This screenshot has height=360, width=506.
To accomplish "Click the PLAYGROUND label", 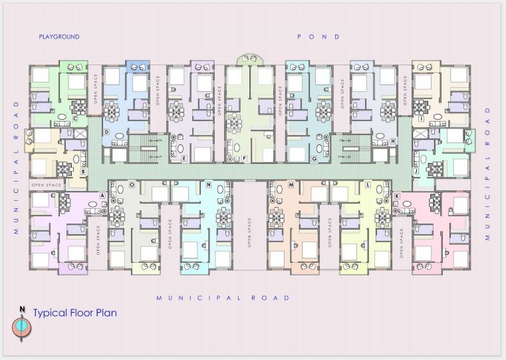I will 59,37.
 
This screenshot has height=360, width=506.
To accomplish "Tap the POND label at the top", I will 318,37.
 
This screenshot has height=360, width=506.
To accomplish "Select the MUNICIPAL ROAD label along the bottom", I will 223,297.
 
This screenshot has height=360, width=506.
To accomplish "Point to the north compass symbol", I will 22,325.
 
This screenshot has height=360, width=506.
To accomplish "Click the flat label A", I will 102,195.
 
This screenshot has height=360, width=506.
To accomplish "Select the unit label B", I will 83,171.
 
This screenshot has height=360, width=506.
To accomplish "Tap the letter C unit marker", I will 75,119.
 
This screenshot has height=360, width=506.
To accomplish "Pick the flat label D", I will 106,132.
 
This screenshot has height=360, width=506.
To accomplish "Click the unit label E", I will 184,158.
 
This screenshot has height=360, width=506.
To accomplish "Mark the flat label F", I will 245,158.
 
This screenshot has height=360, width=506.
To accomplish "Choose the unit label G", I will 314,158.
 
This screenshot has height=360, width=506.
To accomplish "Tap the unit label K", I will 396,195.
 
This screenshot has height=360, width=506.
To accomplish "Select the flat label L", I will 368,184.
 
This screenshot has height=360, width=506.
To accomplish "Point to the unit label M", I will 291,184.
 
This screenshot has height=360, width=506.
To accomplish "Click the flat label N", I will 208,184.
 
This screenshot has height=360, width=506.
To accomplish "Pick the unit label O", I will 132,184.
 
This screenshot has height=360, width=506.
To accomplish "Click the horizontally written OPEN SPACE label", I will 46,184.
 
